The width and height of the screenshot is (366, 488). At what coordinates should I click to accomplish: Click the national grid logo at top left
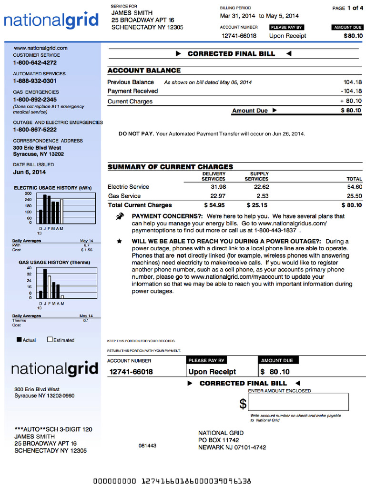point(51,21)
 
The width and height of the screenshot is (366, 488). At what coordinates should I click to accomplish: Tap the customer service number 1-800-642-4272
point(35,62)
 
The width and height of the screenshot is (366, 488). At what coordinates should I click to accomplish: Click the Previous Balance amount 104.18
point(352,82)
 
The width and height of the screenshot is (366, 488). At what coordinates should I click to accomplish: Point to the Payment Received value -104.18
point(351,91)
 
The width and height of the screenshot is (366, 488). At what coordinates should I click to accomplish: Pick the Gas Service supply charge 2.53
point(262,196)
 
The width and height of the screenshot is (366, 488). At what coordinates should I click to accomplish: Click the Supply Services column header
point(256,176)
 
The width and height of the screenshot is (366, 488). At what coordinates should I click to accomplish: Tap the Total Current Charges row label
point(140,205)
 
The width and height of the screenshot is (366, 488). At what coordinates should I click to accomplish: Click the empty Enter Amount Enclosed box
point(298,402)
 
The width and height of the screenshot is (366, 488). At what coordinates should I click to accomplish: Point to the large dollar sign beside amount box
point(243,404)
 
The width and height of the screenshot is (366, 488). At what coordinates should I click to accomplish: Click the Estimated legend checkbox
point(50,340)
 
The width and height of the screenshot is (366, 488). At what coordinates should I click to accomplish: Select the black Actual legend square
point(19,340)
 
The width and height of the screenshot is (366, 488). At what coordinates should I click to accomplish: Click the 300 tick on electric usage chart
point(28,193)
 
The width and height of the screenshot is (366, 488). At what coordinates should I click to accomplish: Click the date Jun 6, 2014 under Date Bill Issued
point(30,172)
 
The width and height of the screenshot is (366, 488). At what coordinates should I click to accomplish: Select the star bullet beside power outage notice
point(119,242)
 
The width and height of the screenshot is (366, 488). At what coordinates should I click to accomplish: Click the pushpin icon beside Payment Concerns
point(120,217)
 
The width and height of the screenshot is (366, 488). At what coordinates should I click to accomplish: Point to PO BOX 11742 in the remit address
point(219,440)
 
